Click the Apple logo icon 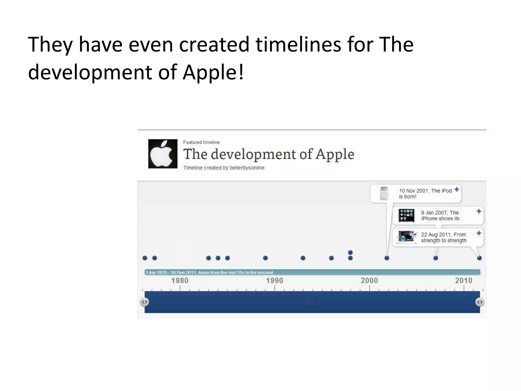pyautogui.click(x=163, y=154)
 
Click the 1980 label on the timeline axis pyautogui.click(x=180, y=281)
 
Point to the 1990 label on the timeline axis pyautogui.click(x=274, y=281)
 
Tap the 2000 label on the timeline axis pyautogui.click(x=369, y=281)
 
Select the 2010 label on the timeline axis pyautogui.click(x=464, y=281)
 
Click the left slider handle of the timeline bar pyautogui.click(x=144, y=302)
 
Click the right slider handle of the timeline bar pyautogui.click(x=480, y=302)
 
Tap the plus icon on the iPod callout pyautogui.click(x=457, y=189)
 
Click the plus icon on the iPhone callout pyautogui.click(x=479, y=211)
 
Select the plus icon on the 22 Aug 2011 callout pyautogui.click(x=479, y=233)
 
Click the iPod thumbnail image pyautogui.click(x=384, y=193)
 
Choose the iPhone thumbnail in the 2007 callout pyautogui.click(x=406, y=215)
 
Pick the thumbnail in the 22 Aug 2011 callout pyautogui.click(x=407, y=237)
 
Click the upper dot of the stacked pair pyautogui.click(x=350, y=253)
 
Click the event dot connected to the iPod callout pyautogui.click(x=387, y=258)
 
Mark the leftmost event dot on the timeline pyautogui.click(x=145, y=258)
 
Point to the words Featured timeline pyautogui.click(x=201, y=142)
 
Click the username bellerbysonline pyautogui.click(x=247, y=168)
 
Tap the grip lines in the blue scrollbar pyautogui.click(x=312, y=302)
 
